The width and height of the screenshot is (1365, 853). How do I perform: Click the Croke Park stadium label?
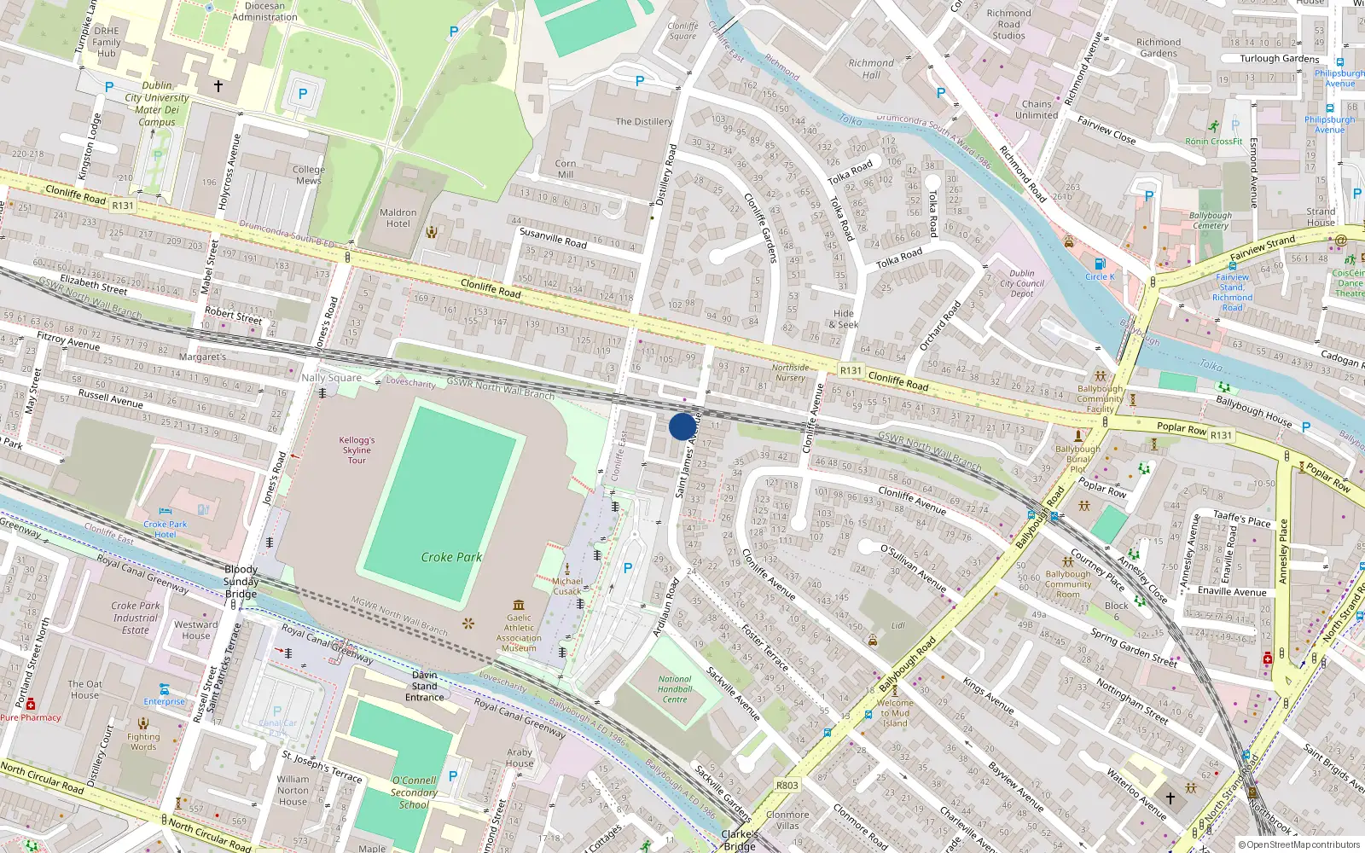[451, 557]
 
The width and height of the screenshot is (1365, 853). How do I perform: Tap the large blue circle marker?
[682, 426]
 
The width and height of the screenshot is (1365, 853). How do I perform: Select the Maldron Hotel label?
[398, 218]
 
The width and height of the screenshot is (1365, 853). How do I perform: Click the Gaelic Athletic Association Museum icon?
[519, 605]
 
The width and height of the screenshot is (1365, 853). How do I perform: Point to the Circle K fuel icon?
[1100, 264]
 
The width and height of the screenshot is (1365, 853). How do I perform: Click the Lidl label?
[897, 625]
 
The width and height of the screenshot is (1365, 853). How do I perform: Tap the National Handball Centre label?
[675, 689]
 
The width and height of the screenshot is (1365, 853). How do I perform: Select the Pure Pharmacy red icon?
[31, 705]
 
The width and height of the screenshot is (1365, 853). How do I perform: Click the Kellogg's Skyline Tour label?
[357, 450]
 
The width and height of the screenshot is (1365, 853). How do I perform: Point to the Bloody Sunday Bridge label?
[241, 582]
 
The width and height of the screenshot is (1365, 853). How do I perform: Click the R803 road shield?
[787, 786]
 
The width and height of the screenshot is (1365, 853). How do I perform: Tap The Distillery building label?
[644, 122]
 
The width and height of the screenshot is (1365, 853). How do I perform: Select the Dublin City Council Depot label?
[1022, 284]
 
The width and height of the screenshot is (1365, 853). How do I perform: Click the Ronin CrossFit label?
[1213, 142]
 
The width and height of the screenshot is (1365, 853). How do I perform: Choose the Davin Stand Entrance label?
[424, 686]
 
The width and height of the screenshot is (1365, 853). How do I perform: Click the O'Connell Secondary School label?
[414, 792]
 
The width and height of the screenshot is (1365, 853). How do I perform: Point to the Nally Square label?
[331, 378]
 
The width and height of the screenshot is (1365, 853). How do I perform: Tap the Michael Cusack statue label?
[567, 586]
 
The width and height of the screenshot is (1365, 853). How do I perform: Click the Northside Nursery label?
[790, 373]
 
